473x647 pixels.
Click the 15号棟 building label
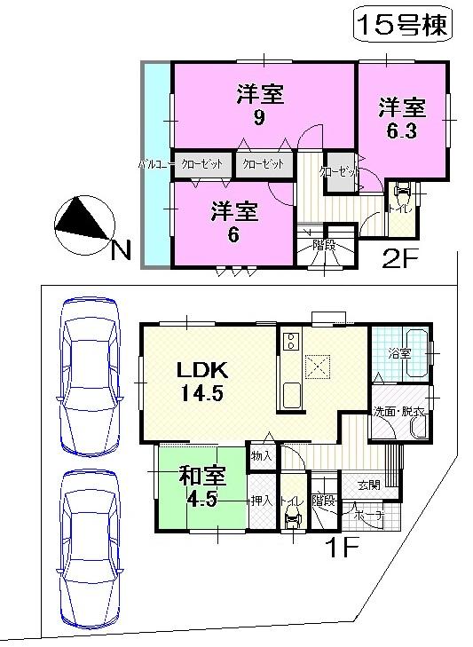click(x=403, y=24)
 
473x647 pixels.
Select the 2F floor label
click(x=400, y=257)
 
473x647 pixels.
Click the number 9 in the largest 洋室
click(x=258, y=118)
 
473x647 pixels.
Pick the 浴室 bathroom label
click(x=398, y=351)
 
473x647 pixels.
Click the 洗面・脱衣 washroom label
click(x=398, y=414)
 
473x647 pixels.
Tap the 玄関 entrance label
click(x=370, y=485)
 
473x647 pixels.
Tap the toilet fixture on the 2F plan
click(x=400, y=191)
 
